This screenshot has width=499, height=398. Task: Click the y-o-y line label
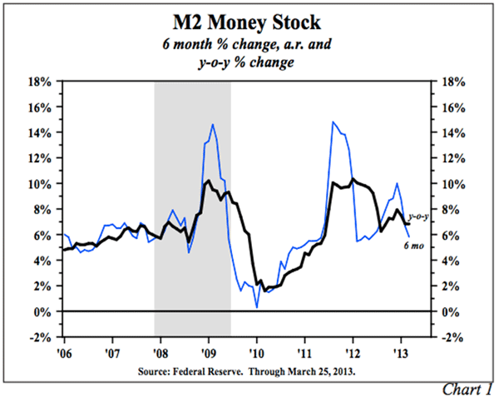pos(417,217)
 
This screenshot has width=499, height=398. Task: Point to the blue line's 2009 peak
pos(213,124)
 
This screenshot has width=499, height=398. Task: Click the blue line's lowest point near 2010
pos(257,308)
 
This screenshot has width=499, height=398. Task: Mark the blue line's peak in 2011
pos(333,122)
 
